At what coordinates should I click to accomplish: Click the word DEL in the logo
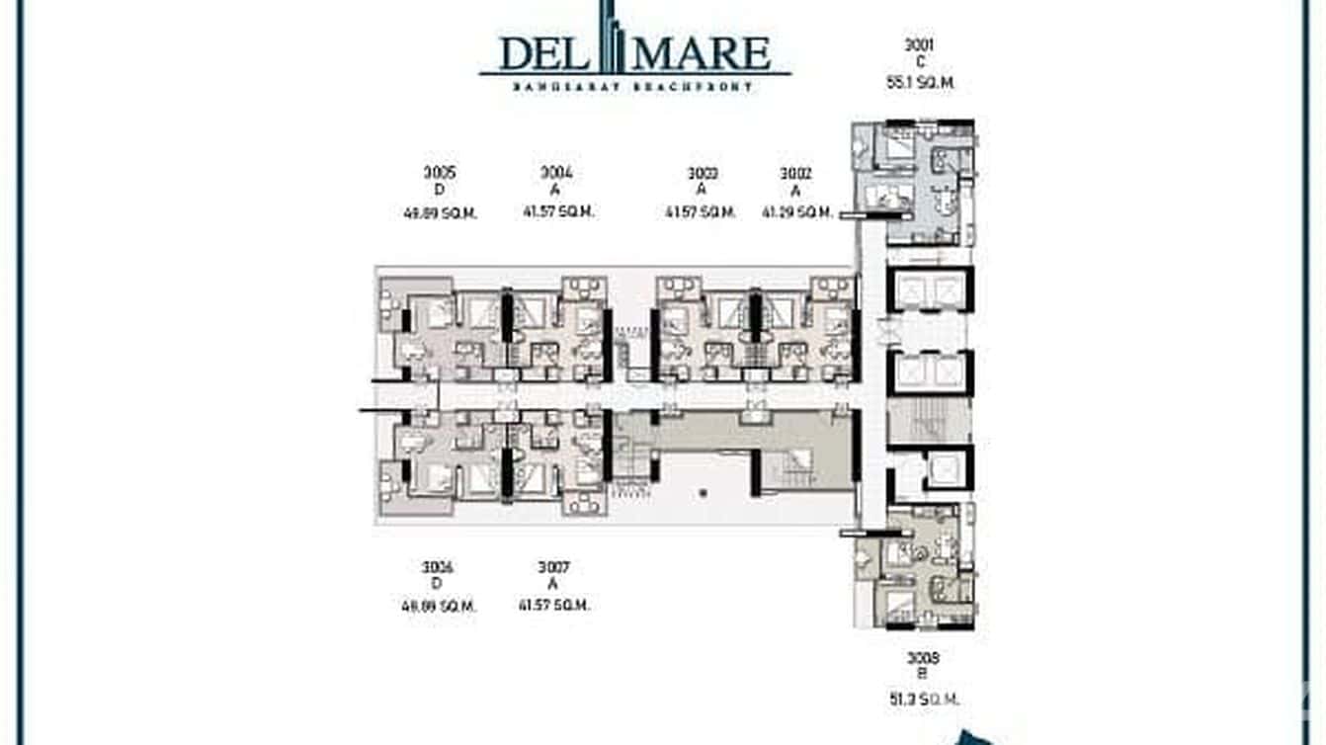tap(543, 53)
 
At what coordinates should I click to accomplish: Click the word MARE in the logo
tap(708, 53)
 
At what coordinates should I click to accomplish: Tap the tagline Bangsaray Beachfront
tap(633, 87)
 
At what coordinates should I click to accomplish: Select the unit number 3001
tap(919, 44)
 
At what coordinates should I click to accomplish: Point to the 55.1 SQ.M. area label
tap(920, 83)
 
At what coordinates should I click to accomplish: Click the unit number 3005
tap(440, 173)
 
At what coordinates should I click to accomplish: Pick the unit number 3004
tap(557, 173)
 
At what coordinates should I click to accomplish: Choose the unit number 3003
tap(702, 174)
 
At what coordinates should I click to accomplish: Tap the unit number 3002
tap(795, 174)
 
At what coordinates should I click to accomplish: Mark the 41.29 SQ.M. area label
tap(797, 212)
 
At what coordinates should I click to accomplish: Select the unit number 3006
tap(437, 567)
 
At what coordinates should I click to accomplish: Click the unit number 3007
tap(553, 567)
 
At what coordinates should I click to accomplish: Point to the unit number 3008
tap(922, 658)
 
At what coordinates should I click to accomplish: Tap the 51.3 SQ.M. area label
tap(922, 699)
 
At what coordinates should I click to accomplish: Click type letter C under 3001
tap(920, 62)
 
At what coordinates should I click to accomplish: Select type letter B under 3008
tap(922, 677)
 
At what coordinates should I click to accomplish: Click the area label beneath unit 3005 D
tap(440, 212)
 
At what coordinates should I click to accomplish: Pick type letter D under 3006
tap(437, 585)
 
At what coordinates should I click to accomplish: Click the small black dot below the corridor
tap(704, 491)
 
